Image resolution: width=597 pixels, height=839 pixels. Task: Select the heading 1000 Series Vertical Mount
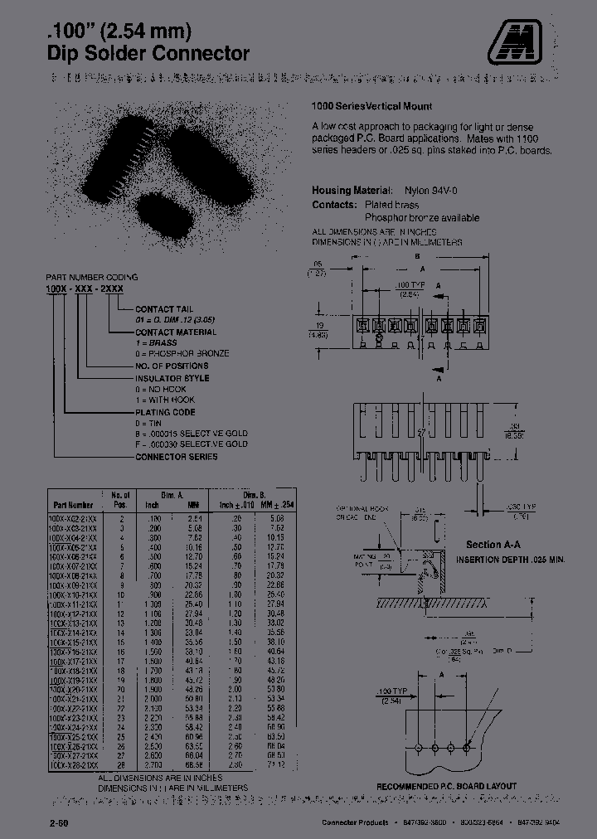tap(371, 107)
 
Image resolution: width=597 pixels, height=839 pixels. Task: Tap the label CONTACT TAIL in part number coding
tap(164, 308)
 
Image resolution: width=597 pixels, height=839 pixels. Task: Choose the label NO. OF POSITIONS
tap(172, 366)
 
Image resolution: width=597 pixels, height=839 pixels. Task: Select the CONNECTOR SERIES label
tap(177, 457)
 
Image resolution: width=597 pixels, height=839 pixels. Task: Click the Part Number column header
tap(73, 504)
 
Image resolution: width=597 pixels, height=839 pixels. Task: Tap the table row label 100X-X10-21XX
tap(74, 595)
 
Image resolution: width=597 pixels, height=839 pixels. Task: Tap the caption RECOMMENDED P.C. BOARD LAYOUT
tap(446, 786)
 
